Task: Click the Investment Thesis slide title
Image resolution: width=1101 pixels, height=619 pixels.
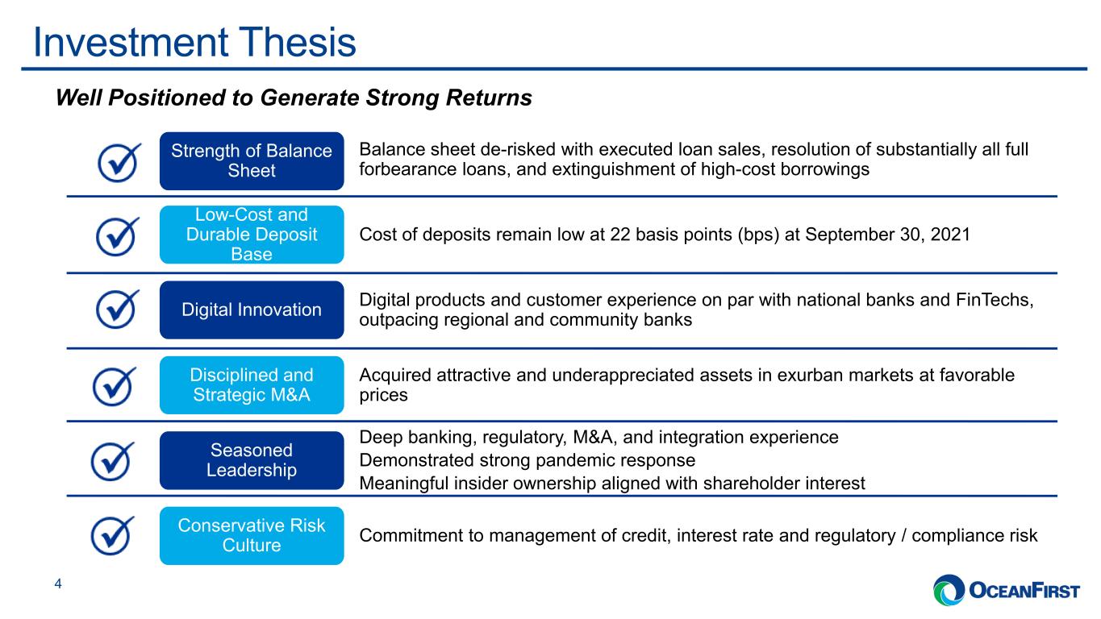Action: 194,42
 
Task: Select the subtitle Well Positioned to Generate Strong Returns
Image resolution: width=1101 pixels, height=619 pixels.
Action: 294,98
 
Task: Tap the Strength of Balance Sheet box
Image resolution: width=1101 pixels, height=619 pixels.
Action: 252,160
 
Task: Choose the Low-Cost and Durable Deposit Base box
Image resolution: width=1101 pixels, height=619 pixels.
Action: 252,235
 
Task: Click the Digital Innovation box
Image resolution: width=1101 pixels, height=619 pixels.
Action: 252,309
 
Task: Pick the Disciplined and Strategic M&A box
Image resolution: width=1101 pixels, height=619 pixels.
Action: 252,384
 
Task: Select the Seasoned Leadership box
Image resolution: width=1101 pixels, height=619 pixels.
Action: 252,460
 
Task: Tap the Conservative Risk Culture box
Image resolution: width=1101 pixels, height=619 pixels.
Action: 252,535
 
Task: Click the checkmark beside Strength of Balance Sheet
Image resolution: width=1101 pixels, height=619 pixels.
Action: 118,163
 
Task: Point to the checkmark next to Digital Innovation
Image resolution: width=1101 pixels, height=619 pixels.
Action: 116,310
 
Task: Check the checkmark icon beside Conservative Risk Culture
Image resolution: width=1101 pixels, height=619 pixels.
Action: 111,536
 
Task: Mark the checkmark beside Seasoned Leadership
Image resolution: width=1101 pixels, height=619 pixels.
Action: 111,462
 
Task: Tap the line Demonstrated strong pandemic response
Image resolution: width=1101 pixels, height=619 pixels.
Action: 528,460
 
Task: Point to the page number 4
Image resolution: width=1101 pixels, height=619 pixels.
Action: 58,584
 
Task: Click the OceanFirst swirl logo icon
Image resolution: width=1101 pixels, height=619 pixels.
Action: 949,589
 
